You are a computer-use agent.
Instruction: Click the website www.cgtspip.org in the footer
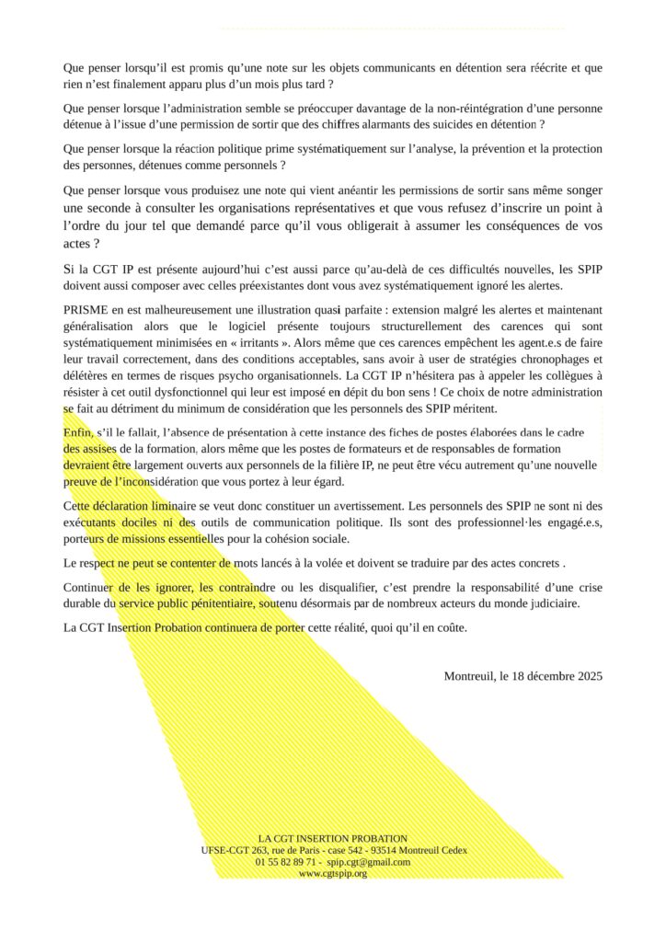pyautogui.click(x=333, y=874)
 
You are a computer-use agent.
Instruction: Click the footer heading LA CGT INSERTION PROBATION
pyautogui.click(x=333, y=838)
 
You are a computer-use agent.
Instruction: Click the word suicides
pyautogui.click(x=425, y=123)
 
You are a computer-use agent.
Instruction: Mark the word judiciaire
pyautogui.click(x=570, y=603)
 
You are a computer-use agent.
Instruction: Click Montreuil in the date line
pyautogui.click(x=469, y=676)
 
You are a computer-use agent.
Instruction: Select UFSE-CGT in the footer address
pyautogui.click(x=224, y=850)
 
